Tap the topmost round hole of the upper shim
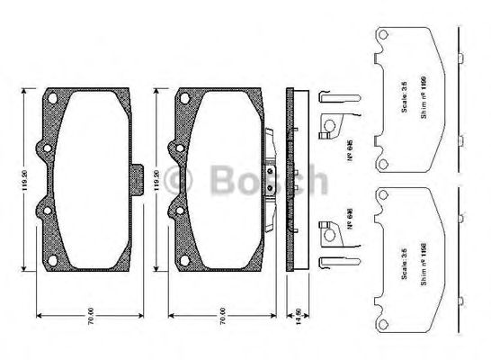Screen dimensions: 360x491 click(x=382, y=35)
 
